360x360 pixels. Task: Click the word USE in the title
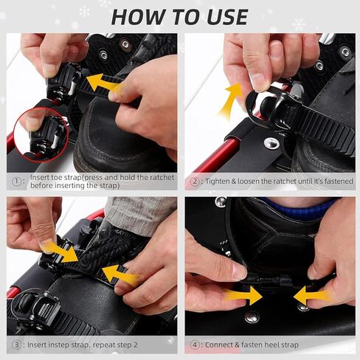(227, 17)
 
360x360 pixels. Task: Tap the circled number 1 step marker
(16, 181)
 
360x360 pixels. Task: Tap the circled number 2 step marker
(195, 181)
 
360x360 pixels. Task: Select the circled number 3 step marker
(16, 345)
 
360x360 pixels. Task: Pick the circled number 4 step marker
(195, 345)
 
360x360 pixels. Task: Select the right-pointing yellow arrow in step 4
(243, 295)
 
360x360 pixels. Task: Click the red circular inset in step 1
(41, 135)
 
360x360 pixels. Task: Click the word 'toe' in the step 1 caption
(50, 177)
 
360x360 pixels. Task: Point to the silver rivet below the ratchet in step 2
(271, 142)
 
